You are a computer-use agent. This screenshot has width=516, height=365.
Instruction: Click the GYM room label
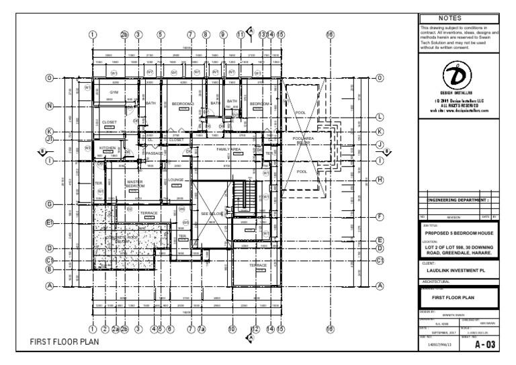coord(114,91)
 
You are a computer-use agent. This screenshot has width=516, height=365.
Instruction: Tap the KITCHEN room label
coord(108,147)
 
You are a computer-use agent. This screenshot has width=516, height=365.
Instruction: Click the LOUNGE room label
coord(176,179)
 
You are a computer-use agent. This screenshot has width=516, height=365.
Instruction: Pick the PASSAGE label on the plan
coord(155,154)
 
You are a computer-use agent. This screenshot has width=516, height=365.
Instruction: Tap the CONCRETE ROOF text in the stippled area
coord(121,239)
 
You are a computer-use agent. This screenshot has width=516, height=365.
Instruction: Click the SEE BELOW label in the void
coord(212,213)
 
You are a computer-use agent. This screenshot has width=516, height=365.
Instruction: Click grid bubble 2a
coord(116,329)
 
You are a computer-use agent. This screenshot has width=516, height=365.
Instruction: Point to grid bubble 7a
coord(202,329)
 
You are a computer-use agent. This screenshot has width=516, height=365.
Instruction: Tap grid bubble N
coord(49,106)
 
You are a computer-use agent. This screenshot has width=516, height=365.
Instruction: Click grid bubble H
coord(380,179)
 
